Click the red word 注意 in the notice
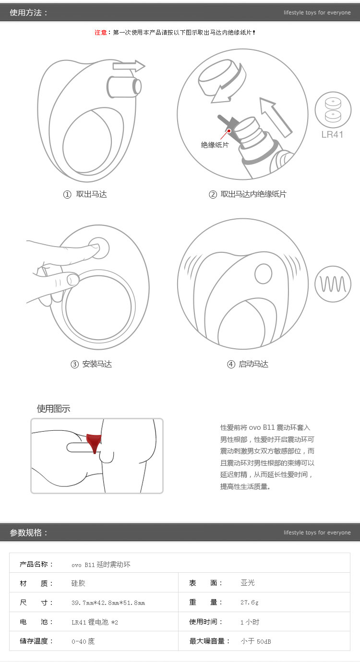click(100, 33)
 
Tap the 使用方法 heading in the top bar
click(29, 12)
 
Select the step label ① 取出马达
click(85, 194)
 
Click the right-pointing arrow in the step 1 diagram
click(129, 66)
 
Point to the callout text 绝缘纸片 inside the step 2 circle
click(215, 144)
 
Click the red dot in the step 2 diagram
click(229, 130)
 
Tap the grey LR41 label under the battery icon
click(332, 134)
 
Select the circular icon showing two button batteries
click(333, 109)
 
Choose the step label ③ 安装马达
click(91, 364)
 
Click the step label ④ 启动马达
click(248, 364)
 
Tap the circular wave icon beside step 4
click(333, 284)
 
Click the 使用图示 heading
click(53, 409)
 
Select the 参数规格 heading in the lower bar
click(29, 532)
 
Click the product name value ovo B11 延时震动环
click(101, 565)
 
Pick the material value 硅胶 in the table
click(78, 583)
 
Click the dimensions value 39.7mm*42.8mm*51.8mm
click(108, 603)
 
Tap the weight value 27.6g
click(249, 603)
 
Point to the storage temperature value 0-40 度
click(83, 641)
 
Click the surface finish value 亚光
click(248, 583)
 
